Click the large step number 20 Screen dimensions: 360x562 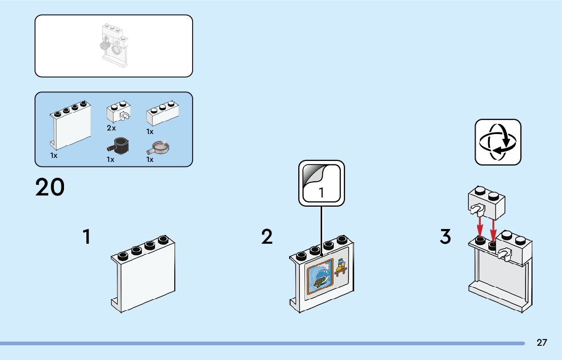(50, 187)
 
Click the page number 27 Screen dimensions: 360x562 (542, 343)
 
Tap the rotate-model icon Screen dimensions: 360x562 (498, 142)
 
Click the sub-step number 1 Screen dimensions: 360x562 (87, 237)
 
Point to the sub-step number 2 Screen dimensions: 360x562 (267, 237)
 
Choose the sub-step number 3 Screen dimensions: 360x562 (446, 237)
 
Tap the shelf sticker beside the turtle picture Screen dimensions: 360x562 (340, 268)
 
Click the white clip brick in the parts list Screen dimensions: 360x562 (118, 112)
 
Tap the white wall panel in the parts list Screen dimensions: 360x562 (71, 125)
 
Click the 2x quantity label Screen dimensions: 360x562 (111, 128)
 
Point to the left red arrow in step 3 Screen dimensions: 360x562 (479, 226)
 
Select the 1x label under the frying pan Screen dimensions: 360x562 (150, 159)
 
